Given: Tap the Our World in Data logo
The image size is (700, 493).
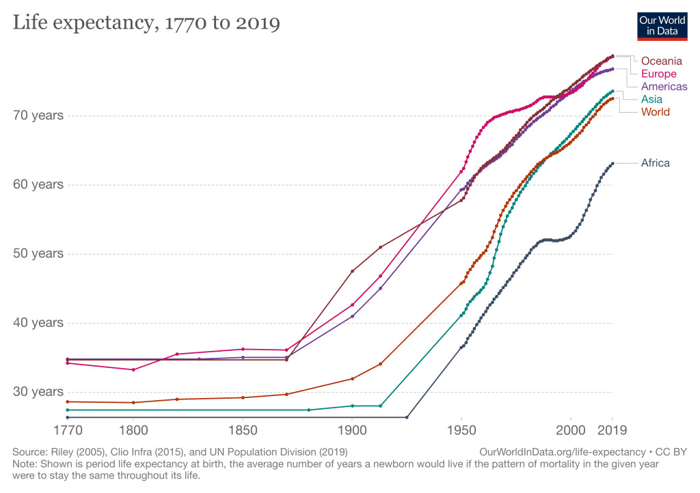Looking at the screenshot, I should tap(662, 25).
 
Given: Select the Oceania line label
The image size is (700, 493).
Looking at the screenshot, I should tap(661, 61).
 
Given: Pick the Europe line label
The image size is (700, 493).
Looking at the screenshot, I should tap(658, 74).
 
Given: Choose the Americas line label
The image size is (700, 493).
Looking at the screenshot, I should tap(664, 87).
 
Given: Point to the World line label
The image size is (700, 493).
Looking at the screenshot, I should tap(655, 112).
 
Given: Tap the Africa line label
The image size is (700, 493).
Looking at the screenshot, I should tap(655, 163).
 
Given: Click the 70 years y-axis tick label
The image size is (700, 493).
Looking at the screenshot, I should tap(38, 115).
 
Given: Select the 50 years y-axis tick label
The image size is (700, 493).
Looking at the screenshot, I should tap(38, 253).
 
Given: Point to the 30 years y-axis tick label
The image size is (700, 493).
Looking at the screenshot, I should tap(38, 391).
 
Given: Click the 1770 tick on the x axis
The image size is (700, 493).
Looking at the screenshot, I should tap(68, 431).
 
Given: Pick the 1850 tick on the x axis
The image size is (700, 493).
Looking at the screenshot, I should tap(243, 431).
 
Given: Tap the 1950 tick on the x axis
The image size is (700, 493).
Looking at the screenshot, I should tap(461, 431).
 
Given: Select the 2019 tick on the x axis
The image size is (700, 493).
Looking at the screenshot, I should tap(612, 431).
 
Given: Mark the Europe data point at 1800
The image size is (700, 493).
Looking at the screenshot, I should tap(133, 369).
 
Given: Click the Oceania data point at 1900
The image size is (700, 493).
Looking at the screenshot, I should tap(352, 271).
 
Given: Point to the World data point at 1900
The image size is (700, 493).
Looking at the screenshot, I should tap(352, 378).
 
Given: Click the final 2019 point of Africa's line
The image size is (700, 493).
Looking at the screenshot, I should tap(612, 163).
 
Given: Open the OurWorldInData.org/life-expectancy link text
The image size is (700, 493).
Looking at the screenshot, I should tap(562, 452).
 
